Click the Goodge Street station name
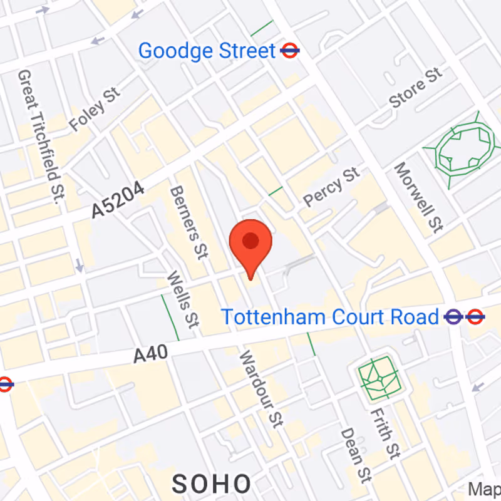click(207, 51)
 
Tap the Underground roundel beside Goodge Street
click(289, 50)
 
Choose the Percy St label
click(332, 187)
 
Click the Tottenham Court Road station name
click(330, 317)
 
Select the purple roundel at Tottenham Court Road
click(453, 317)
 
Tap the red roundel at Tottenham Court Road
click(475, 317)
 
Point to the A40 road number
click(151, 354)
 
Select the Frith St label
click(384, 432)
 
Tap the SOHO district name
click(212, 483)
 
